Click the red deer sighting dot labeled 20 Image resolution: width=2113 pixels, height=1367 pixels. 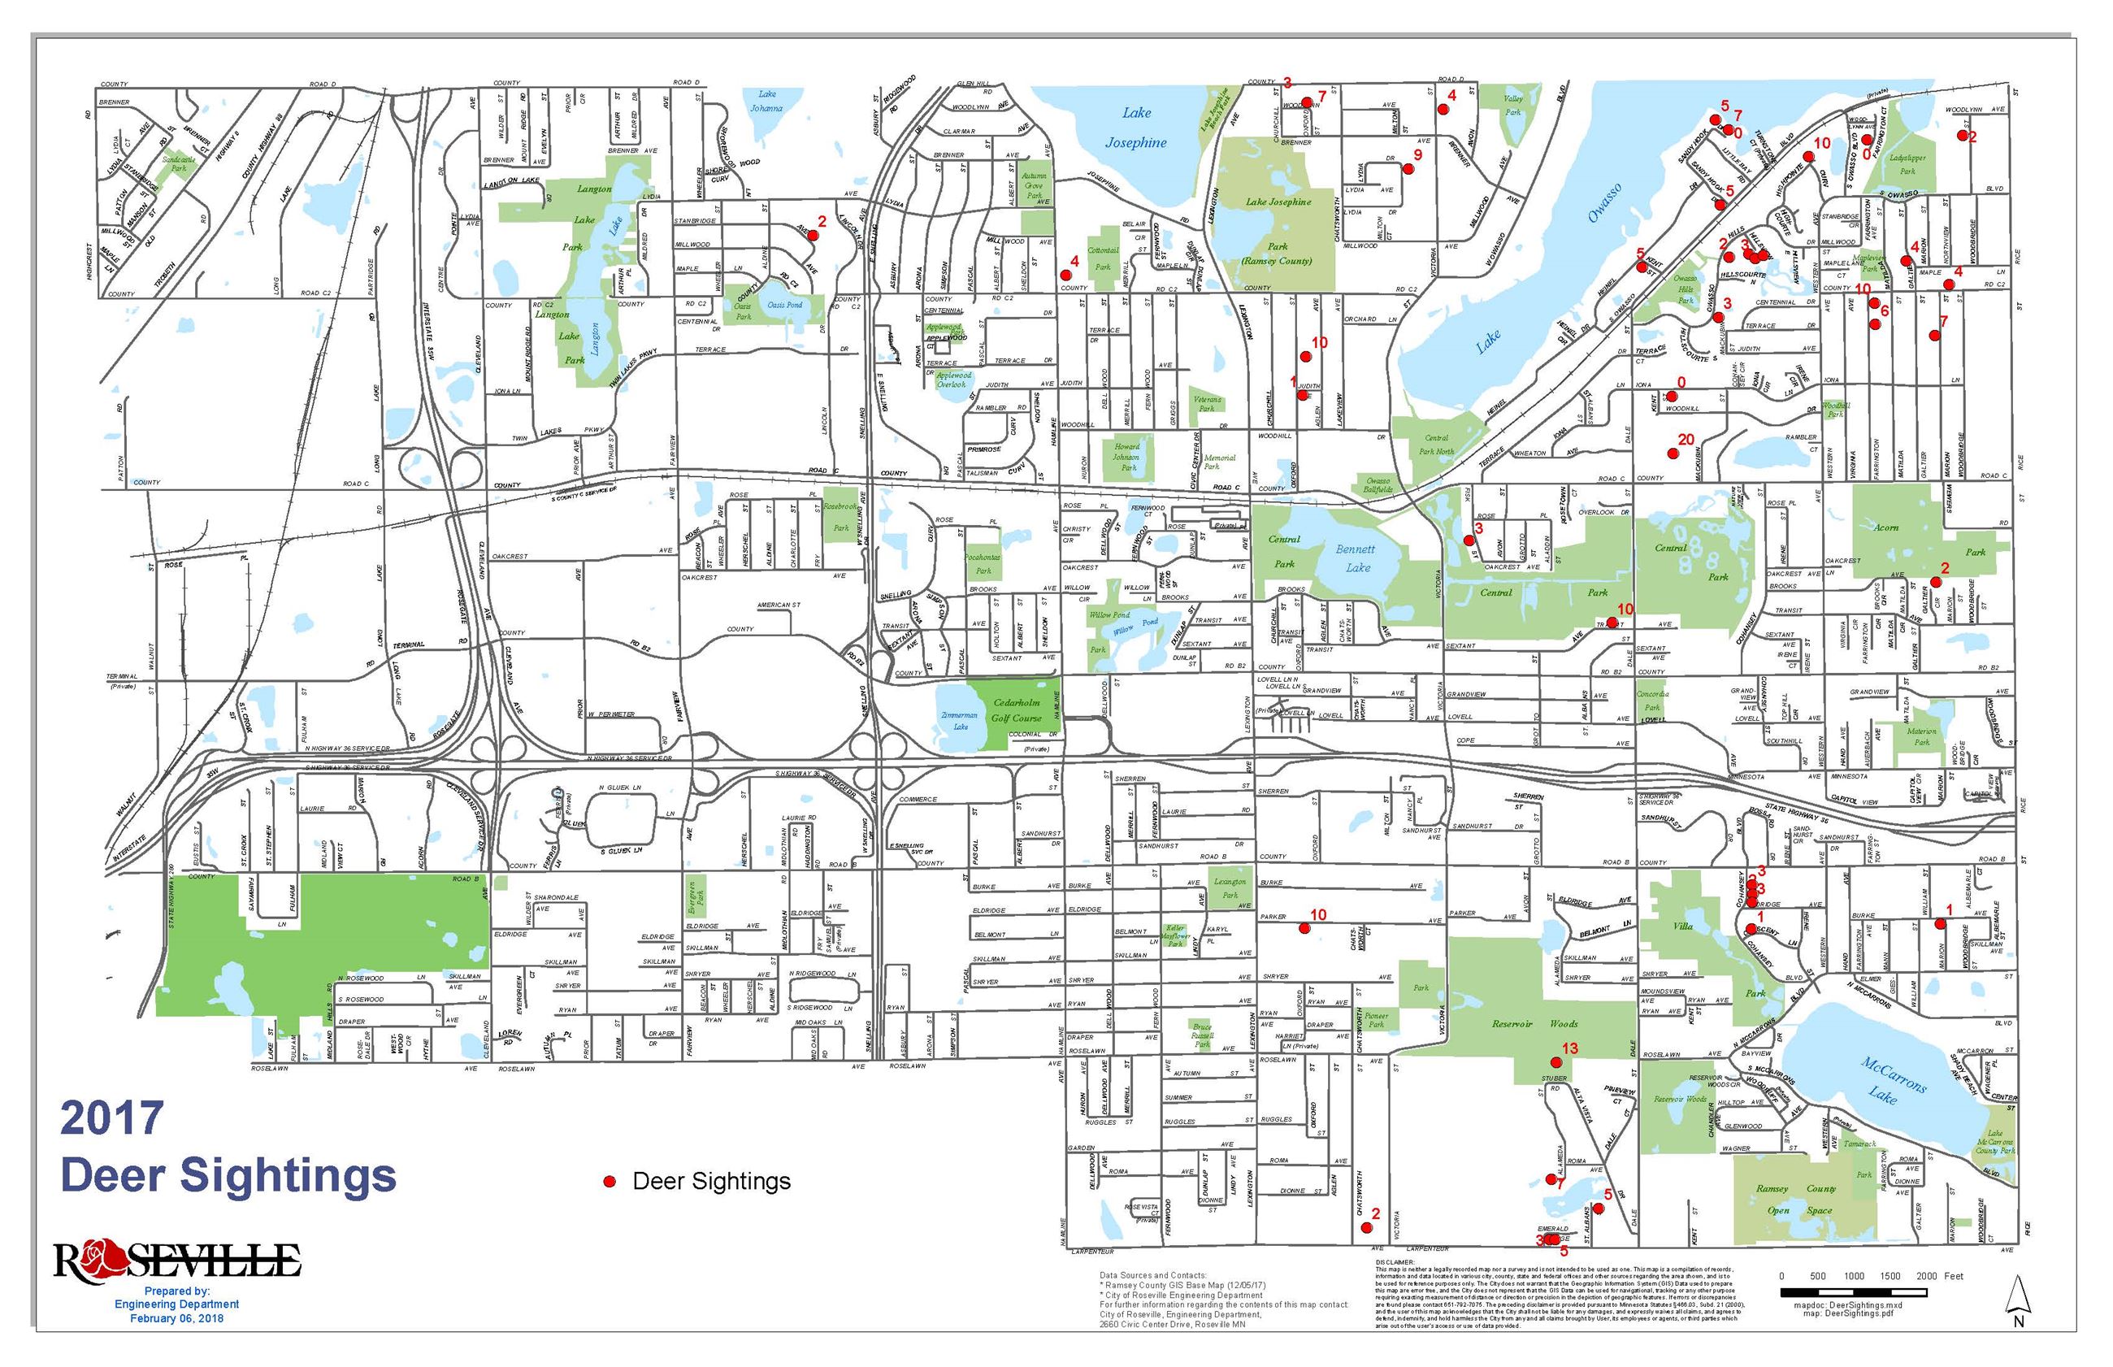pos(1673,453)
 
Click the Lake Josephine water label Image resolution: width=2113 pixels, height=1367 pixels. pos(1136,127)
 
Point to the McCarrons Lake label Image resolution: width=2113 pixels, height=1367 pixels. pos(1893,1079)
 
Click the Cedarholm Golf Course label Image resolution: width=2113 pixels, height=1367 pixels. pos(1016,710)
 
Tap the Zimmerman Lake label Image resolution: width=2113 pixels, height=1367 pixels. pos(961,720)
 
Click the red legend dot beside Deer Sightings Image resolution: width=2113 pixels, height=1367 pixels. pos(610,1182)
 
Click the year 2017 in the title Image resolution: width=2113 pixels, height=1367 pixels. pos(112,1117)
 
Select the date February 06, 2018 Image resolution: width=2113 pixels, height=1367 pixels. pos(176,1318)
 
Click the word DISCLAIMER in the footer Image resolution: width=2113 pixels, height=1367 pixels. pos(1395,1261)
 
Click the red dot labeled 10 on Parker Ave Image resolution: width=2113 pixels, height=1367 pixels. pos(1304,927)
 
